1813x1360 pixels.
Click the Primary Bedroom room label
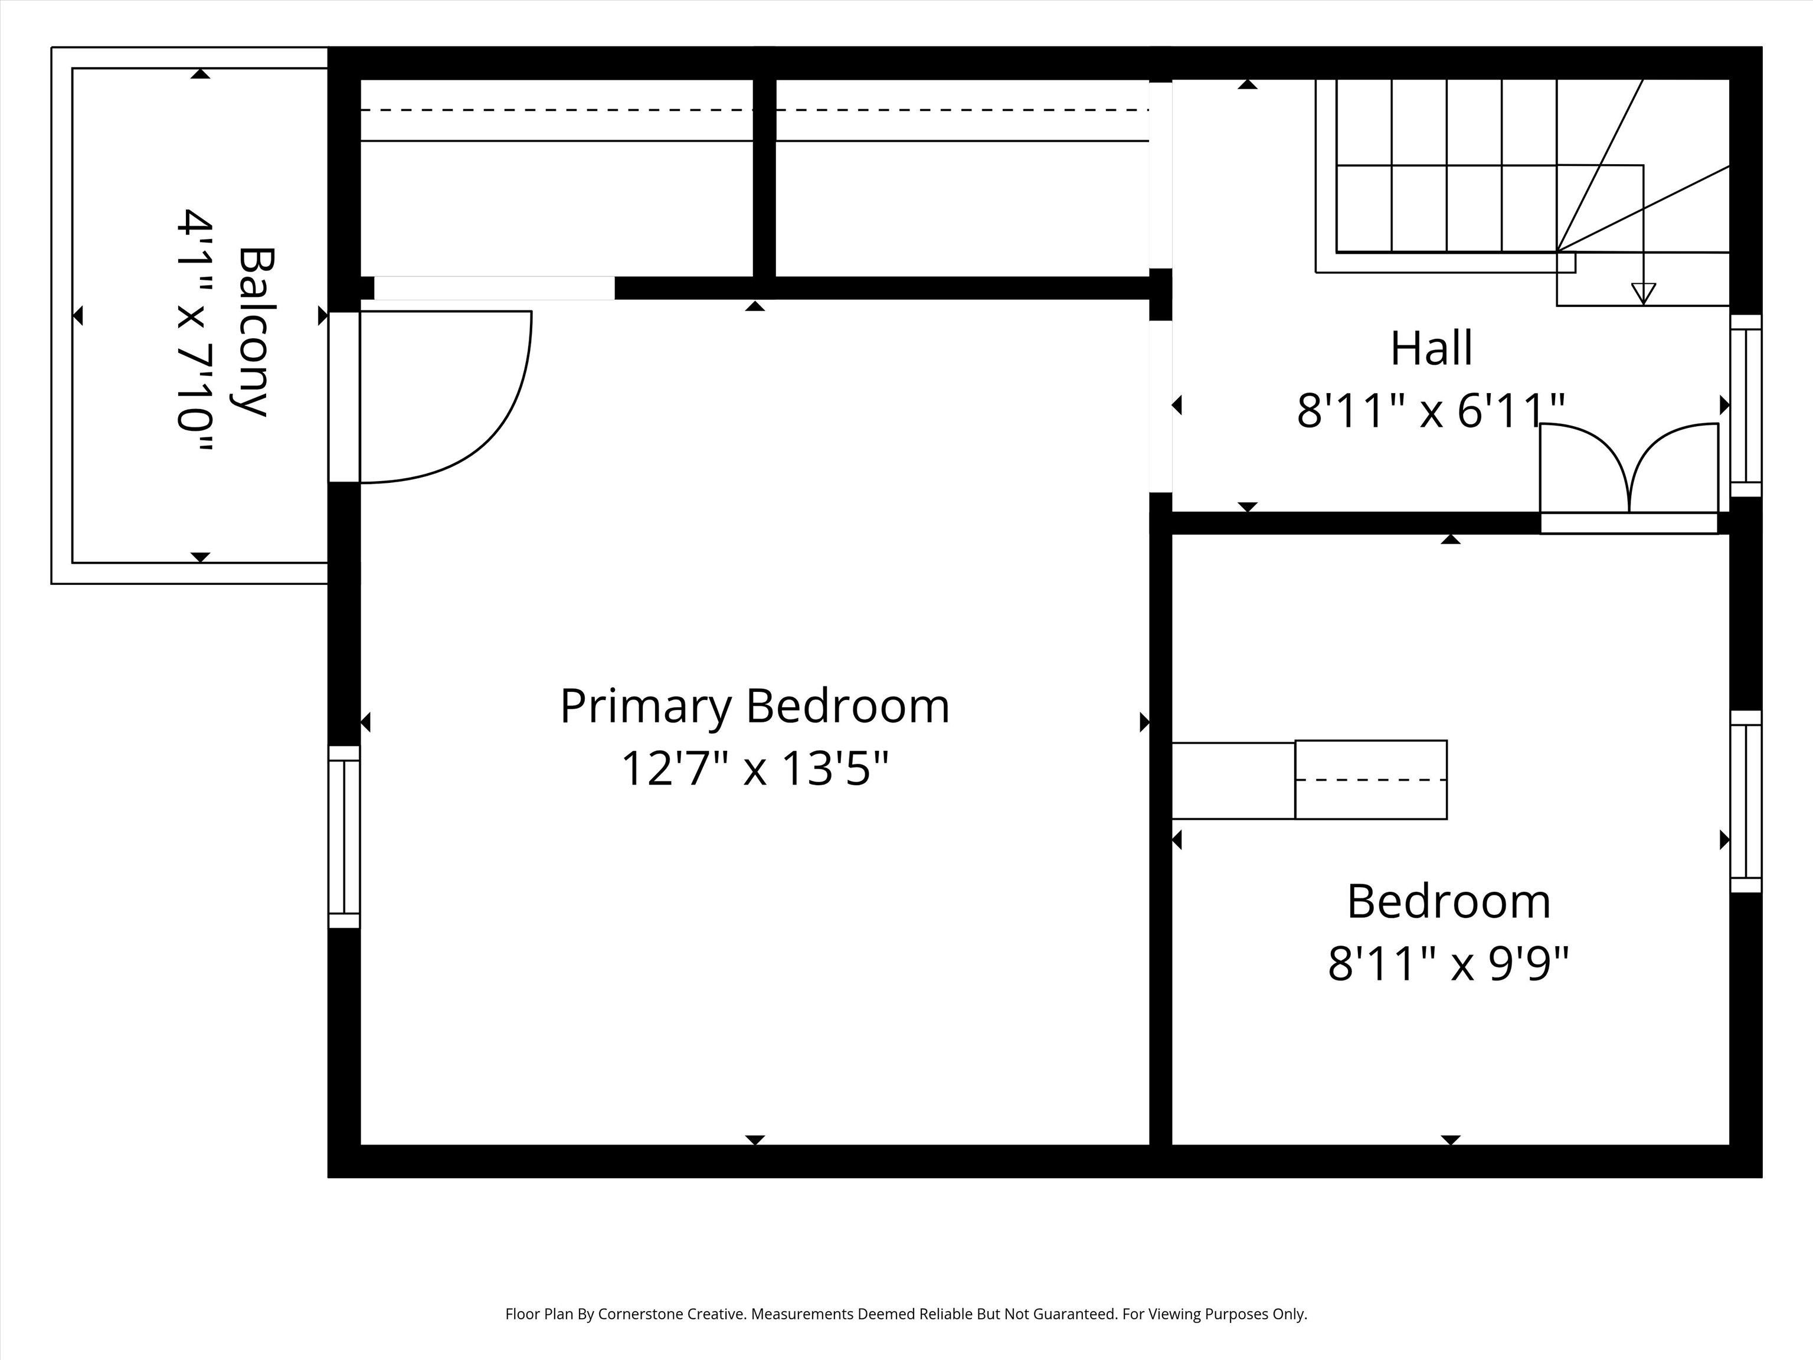[755, 706]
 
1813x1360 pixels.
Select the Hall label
[1431, 348]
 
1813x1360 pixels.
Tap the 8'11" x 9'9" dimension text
[1448, 963]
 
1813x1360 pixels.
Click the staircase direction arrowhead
[1644, 293]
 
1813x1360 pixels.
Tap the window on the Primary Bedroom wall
[344, 837]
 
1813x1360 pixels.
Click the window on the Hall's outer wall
[1746, 405]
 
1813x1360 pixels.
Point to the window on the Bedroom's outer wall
[1746, 801]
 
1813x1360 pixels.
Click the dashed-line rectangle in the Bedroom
[1370, 780]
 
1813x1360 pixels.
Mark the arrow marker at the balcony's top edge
[201, 74]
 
